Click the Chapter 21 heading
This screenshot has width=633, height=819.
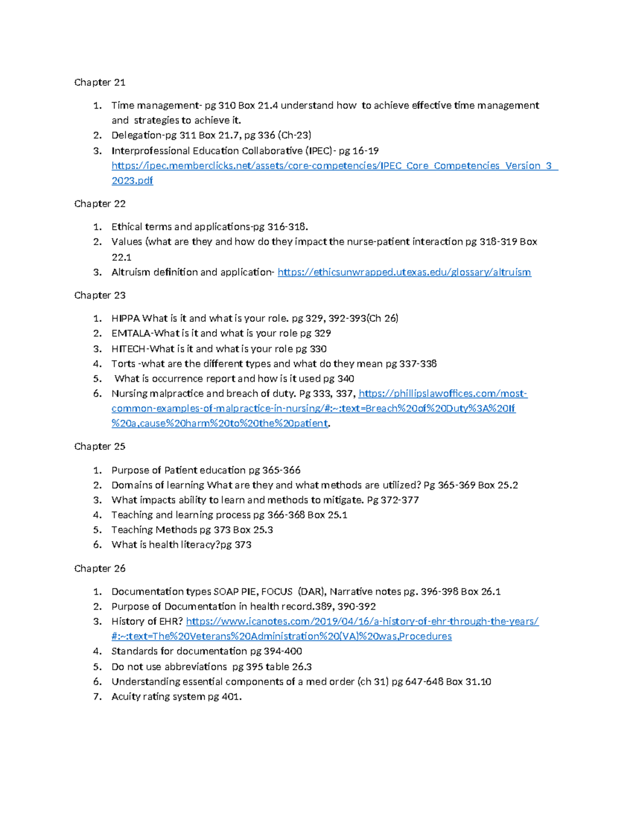100,82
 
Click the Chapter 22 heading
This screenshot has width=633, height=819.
100,204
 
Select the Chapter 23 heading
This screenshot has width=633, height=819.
100,295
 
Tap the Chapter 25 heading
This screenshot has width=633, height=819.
100,447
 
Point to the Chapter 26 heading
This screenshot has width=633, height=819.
100,569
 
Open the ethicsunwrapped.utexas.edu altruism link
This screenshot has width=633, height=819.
404,272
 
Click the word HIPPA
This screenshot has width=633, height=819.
126,318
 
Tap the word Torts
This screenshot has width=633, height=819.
123,364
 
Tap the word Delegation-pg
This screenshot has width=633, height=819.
144,136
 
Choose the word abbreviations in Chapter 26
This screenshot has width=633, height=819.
195,667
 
